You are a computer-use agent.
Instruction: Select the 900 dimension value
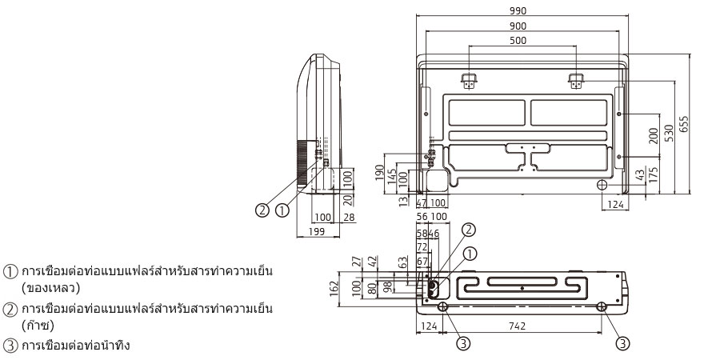point(521,25)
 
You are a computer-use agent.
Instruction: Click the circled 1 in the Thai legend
point(9,272)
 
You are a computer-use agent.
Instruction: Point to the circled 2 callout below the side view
point(262,210)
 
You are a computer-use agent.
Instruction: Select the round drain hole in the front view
point(602,184)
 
